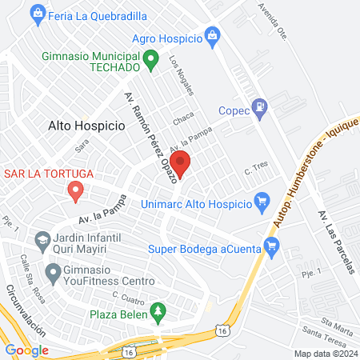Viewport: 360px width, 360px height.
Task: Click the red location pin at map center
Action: pyautogui.click(x=181, y=165)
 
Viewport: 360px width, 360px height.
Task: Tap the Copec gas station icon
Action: pyautogui.click(x=258, y=107)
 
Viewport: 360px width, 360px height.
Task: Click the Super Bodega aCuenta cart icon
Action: pyautogui.click(x=271, y=246)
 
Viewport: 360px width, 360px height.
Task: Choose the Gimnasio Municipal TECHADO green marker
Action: pyautogui.click(x=149, y=58)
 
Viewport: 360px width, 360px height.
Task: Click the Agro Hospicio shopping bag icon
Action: pyautogui.click(x=211, y=34)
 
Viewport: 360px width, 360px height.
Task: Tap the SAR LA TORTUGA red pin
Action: pyautogui.click(x=75, y=190)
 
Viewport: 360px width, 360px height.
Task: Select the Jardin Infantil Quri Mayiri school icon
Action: pyautogui.click(x=41, y=238)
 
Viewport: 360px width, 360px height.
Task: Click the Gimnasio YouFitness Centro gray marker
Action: pyautogui.click(x=54, y=274)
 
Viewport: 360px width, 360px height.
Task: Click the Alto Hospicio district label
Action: pyautogui.click(x=86, y=126)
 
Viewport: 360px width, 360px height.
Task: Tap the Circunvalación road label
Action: pyautogui.click(x=19, y=312)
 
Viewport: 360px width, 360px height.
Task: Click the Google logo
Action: pyautogui.click(x=27, y=350)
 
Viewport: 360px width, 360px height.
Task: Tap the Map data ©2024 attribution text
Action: pyautogui.click(x=324, y=353)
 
